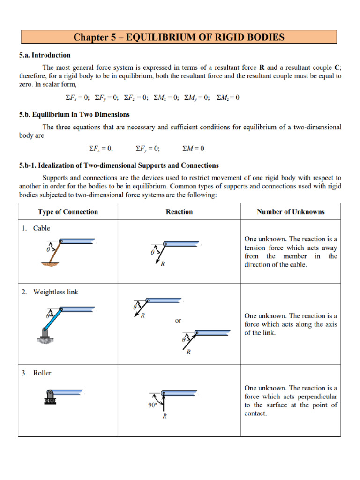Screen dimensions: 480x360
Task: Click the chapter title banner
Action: tap(179, 37)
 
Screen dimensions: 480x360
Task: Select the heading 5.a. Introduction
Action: tap(45, 55)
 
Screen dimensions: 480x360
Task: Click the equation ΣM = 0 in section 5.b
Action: tap(193, 149)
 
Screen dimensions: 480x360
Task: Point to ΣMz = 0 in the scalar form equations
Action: tap(228, 97)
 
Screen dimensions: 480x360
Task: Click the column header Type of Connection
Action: tap(68, 212)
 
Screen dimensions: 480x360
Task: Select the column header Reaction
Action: tap(179, 212)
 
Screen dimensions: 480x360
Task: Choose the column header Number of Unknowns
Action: tap(291, 212)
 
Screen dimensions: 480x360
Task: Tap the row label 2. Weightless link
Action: tap(51, 292)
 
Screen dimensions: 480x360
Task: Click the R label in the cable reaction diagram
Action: tap(163, 264)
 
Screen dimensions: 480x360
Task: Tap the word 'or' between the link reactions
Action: tap(178, 321)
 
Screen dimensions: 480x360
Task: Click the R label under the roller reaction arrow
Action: tap(165, 416)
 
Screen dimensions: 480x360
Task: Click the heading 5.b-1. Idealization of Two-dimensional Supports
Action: tap(119, 165)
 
